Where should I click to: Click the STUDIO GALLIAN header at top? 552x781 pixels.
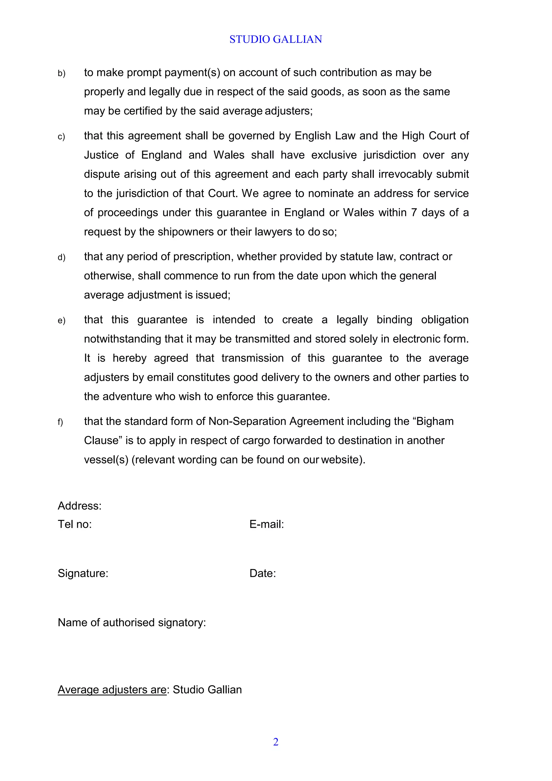(276, 39)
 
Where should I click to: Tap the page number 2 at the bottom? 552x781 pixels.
(276, 742)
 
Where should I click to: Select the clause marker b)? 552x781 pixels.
(61, 73)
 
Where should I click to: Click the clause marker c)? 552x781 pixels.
(61, 137)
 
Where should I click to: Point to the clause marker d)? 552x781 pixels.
(61, 258)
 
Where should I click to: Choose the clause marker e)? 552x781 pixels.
(61, 321)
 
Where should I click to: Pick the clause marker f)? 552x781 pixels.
(60, 422)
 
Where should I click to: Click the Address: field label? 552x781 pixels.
(80, 506)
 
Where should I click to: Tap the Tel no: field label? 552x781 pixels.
(75, 524)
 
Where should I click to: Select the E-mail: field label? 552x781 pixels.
(267, 524)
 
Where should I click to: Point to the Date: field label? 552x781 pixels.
(263, 573)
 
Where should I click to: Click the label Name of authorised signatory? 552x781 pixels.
(132, 622)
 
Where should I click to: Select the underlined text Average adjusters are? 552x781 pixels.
(112, 690)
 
